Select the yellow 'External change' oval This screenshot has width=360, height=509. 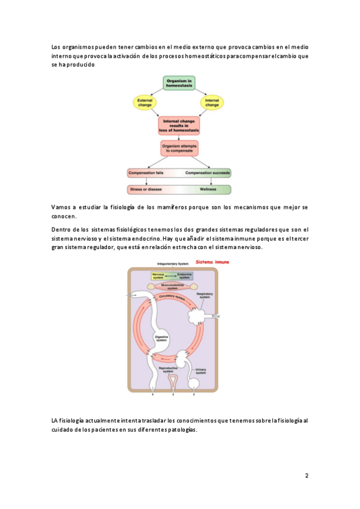(x=145, y=102)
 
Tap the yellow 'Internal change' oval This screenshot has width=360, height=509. (x=212, y=102)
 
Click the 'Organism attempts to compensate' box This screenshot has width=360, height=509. (x=179, y=148)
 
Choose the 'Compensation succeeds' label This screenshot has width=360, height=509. (x=208, y=173)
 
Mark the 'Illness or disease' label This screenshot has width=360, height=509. (x=146, y=189)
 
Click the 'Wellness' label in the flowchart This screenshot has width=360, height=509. (x=208, y=189)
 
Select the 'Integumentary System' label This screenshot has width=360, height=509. (x=173, y=264)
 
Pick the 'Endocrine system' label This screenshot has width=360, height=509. (x=187, y=276)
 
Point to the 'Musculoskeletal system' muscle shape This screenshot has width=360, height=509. (x=173, y=286)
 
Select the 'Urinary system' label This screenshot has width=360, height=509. (x=200, y=370)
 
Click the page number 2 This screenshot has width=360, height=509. (x=306, y=476)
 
